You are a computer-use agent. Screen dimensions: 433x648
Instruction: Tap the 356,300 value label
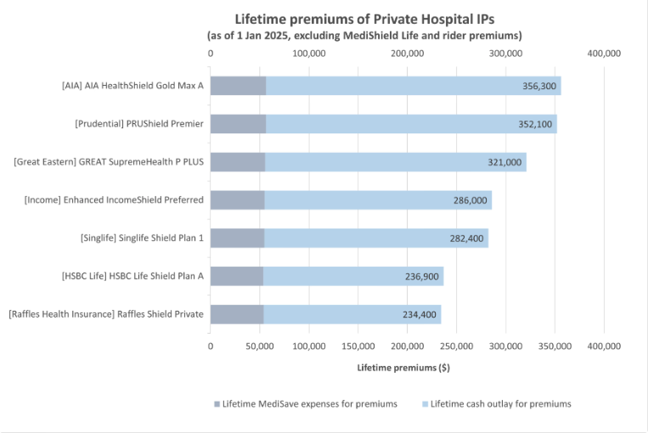tap(541, 86)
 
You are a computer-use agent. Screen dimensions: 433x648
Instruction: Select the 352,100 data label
tap(536, 124)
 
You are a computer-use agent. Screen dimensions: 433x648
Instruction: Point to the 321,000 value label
tap(505, 162)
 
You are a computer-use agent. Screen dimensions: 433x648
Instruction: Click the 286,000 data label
tap(471, 200)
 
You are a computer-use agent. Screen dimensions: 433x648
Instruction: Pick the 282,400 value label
tap(467, 239)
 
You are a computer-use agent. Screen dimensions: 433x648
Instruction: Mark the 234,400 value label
tap(420, 315)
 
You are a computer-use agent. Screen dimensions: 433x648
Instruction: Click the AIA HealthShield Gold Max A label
tap(132, 86)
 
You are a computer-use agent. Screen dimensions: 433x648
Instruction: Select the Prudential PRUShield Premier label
tap(139, 124)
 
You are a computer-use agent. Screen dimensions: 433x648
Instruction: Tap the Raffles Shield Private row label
tap(106, 315)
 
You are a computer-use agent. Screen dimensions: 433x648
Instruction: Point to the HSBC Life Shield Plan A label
tap(132, 277)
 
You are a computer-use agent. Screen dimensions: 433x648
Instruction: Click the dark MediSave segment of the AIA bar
tap(238, 86)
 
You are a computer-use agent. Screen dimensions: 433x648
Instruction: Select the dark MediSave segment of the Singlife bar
tap(237, 239)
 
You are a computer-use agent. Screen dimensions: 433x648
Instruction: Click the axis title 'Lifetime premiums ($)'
tap(403, 368)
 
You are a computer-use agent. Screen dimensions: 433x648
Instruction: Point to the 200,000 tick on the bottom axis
tap(408, 346)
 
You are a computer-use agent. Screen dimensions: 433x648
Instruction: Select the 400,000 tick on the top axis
tap(604, 53)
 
